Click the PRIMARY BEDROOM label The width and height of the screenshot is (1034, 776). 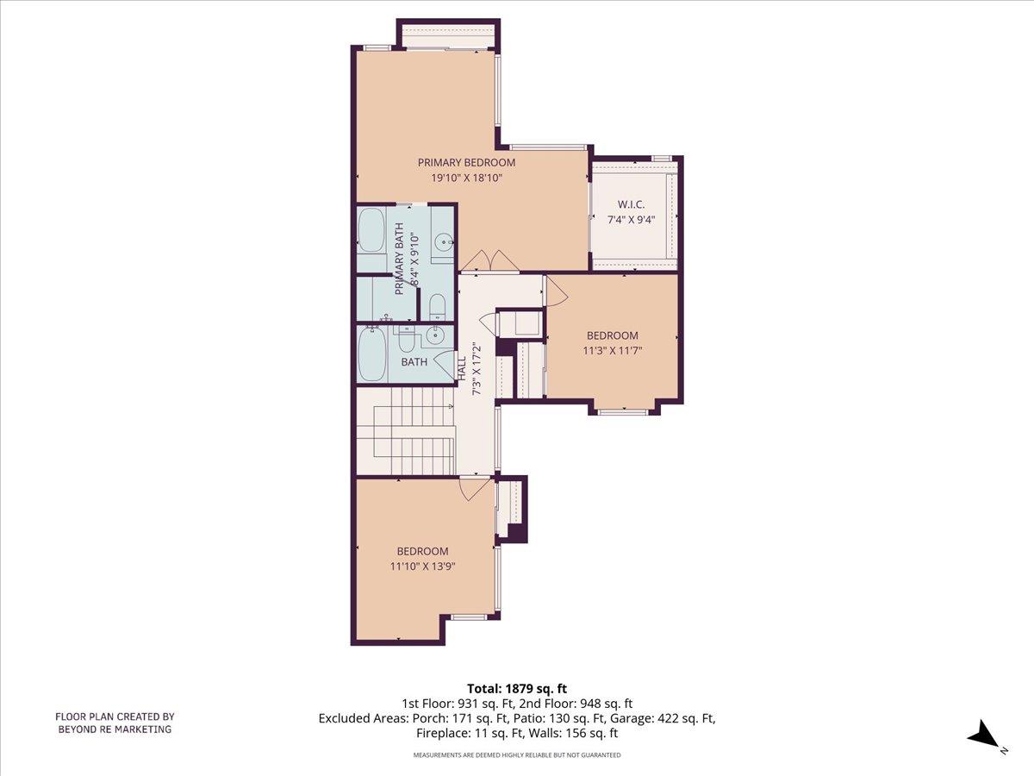click(466, 162)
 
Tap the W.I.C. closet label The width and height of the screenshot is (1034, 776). click(631, 204)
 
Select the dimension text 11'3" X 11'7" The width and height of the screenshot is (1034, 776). click(613, 351)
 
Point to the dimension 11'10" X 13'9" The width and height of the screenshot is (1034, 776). click(422, 566)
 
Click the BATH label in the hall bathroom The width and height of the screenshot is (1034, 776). click(414, 362)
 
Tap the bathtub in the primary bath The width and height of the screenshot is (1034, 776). click(372, 229)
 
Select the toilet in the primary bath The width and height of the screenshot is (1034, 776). click(437, 306)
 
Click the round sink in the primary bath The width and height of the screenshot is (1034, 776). click(443, 241)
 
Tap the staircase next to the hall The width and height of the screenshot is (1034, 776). click(406, 431)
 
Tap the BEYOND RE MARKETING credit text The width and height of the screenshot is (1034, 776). click(115, 729)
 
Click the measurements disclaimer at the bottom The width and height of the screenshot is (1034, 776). click(517, 755)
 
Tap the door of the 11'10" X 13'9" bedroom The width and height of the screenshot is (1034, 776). click(473, 488)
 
